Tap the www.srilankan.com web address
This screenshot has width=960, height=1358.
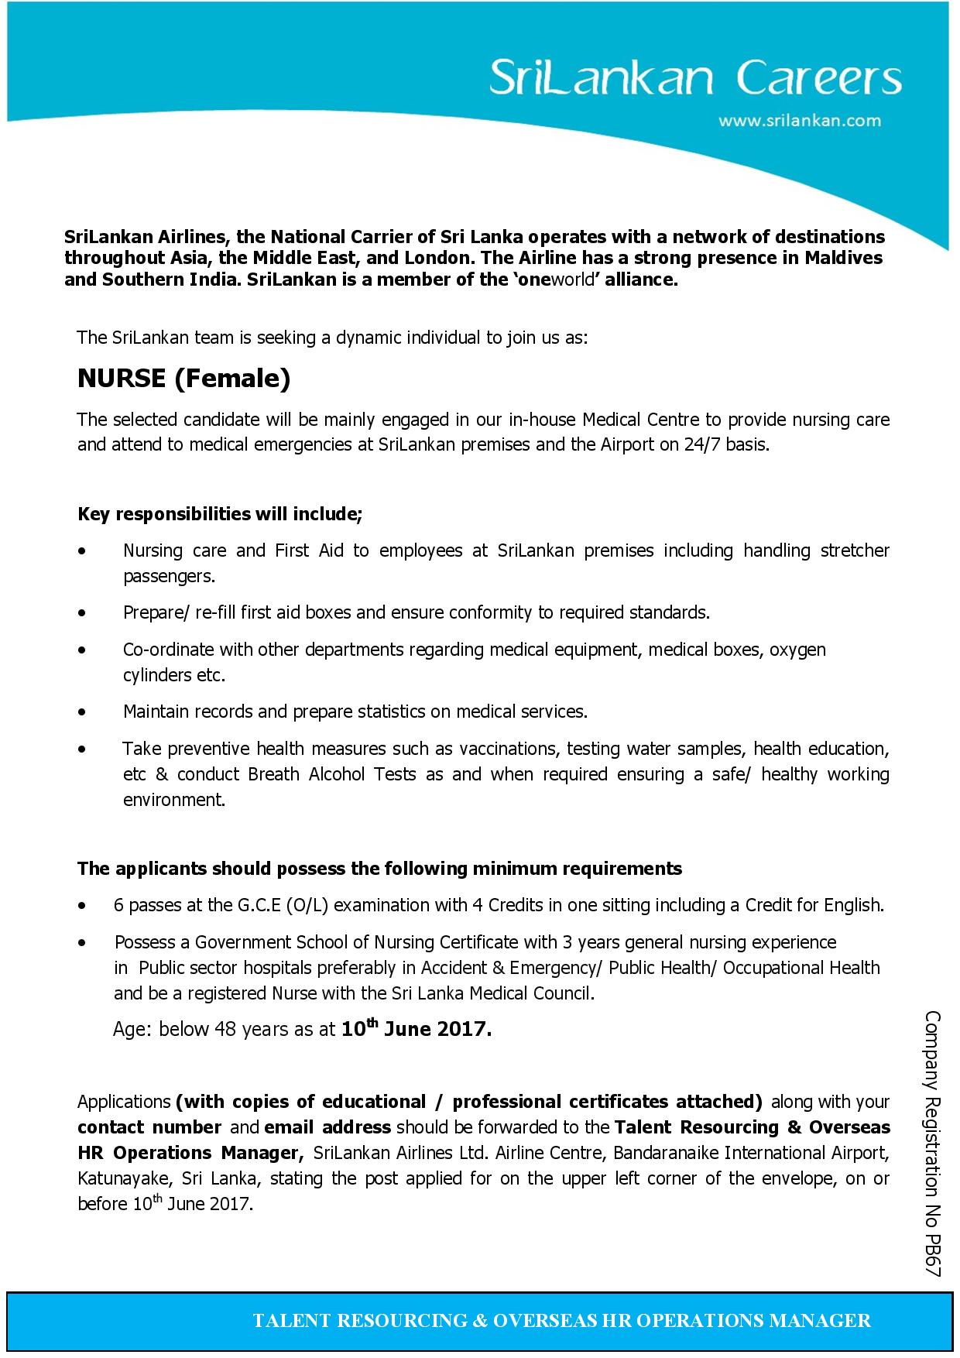coord(800,121)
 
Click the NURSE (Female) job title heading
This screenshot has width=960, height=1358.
coord(183,378)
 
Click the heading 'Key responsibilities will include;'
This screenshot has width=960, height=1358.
coord(220,514)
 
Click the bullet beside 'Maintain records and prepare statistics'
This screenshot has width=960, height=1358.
coord(82,711)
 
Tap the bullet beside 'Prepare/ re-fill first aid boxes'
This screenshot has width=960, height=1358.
coord(82,612)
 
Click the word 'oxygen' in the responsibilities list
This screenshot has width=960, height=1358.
coord(797,649)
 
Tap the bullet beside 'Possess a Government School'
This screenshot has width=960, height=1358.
coord(82,942)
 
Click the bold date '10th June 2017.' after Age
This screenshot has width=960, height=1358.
coord(417,1029)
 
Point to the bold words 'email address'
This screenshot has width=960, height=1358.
coord(327,1127)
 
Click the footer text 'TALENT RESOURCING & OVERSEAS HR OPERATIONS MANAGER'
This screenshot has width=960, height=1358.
coord(561,1320)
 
